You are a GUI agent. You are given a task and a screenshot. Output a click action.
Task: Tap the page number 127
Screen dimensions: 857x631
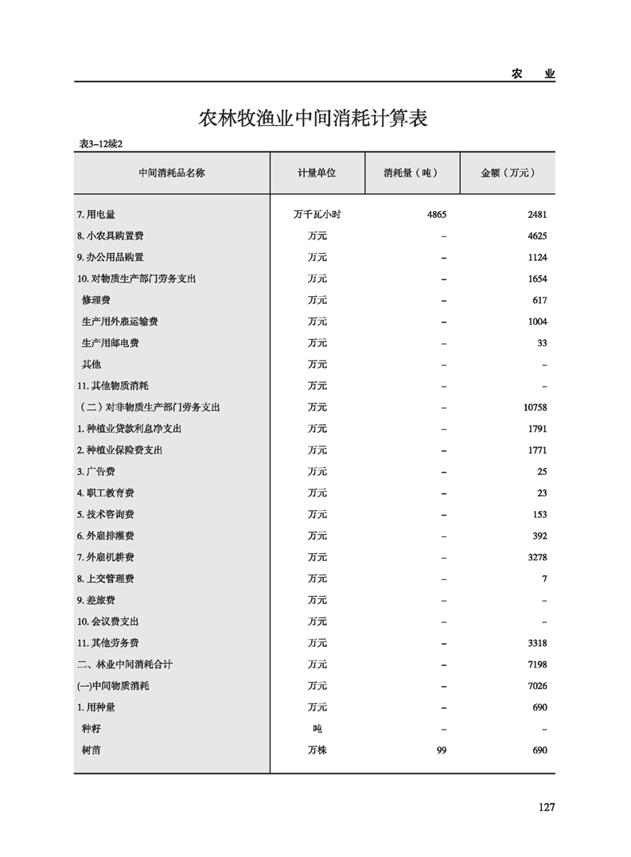(545, 807)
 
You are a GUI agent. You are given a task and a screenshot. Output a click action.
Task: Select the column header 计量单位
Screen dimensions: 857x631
(317, 173)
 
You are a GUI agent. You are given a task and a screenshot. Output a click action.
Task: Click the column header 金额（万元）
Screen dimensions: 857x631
(507, 173)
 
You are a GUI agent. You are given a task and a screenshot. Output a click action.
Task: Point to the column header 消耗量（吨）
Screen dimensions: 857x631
(411, 173)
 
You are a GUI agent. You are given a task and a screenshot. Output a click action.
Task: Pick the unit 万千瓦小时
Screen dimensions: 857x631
(317, 215)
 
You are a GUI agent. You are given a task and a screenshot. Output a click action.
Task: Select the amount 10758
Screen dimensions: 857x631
(532, 407)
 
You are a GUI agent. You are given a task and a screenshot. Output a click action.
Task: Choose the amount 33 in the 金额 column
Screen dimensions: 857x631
(542, 343)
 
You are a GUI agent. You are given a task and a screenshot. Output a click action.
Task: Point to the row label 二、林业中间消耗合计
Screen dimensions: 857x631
(125, 664)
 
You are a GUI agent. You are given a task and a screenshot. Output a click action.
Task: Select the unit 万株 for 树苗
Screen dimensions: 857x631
(317, 750)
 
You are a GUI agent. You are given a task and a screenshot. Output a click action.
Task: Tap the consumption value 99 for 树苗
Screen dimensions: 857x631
(442, 750)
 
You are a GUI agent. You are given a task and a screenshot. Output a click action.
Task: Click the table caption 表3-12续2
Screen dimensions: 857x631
(103, 143)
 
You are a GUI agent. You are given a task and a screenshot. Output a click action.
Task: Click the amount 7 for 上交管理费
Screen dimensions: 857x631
(544, 578)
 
